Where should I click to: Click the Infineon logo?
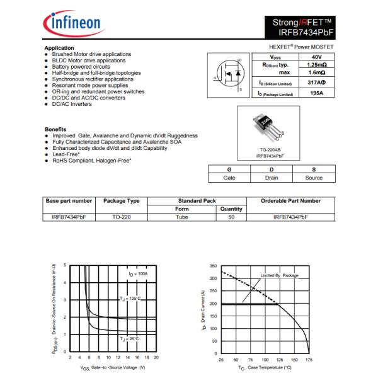[x=72, y=25]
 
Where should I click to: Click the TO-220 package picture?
[x=268, y=126]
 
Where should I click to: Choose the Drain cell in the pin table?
[x=272, y=178]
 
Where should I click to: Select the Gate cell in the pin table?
[x=229, y=178]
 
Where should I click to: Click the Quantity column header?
[x=231, y=209]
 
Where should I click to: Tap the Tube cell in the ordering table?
[x=182, y=216]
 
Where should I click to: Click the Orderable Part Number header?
[x=290, y=201]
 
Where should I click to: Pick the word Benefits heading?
[x=56, y=129]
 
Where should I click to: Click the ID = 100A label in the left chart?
[x=137, y=275]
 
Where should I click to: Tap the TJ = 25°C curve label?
[x=131, y=339]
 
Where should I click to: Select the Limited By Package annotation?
[x=279, y=276]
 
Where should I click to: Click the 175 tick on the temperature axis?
[x=308, y=359]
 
